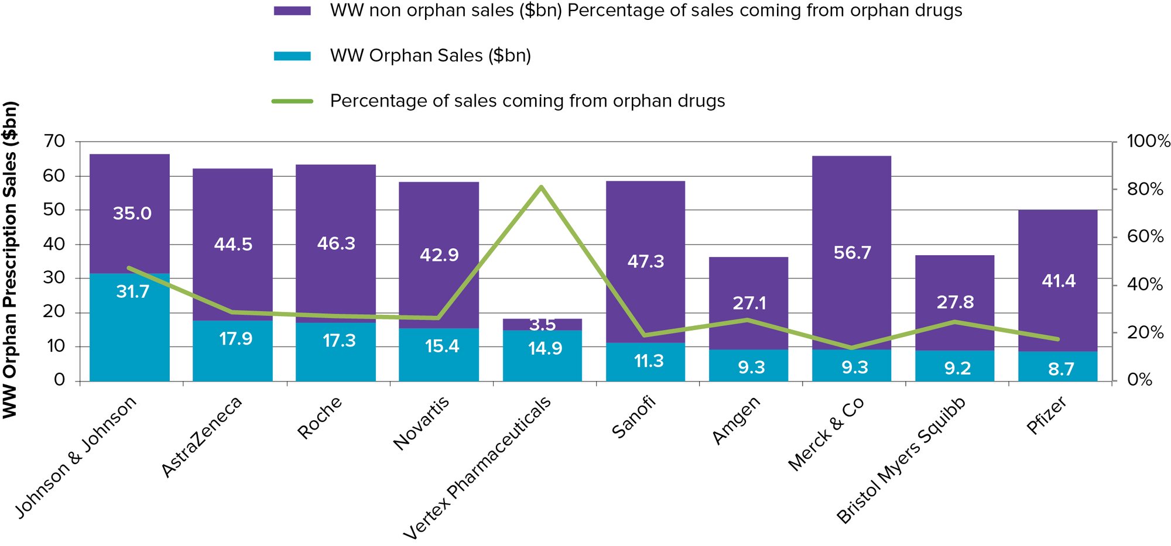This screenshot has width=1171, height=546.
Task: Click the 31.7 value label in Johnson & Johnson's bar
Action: tap(133, 291)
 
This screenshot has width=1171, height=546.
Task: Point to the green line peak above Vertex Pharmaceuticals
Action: tap(542, 187)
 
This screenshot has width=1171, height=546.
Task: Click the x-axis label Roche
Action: tap(320, 417)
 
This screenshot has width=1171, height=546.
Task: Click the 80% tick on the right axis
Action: tap(1145, 189)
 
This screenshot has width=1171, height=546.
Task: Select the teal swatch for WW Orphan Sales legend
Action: tap(292, 56)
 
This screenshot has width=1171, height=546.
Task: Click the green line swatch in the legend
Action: tap(292, 101)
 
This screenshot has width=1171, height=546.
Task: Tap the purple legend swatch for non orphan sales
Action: tap(292, 11)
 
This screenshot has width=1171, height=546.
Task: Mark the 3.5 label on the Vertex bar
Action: tap(542, 324)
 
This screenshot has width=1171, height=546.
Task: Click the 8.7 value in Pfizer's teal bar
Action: tap(1061, 369)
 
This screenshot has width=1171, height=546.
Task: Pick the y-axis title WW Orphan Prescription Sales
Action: tap(11, 260)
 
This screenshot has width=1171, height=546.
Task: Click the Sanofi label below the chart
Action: tap(634, 417)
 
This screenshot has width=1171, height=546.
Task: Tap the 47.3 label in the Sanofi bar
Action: tap(646, 262)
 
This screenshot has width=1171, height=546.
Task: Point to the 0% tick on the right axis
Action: tap(1139, 380)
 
